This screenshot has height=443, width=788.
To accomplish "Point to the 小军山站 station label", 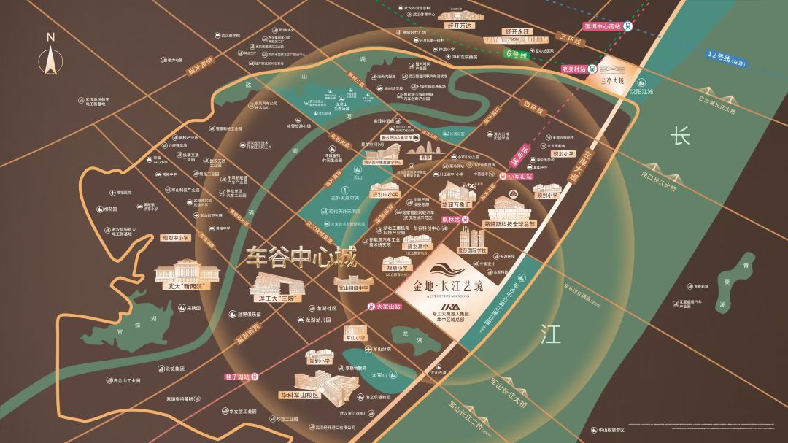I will click(522, 176).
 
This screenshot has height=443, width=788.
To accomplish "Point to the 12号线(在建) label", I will click(730, 58).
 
